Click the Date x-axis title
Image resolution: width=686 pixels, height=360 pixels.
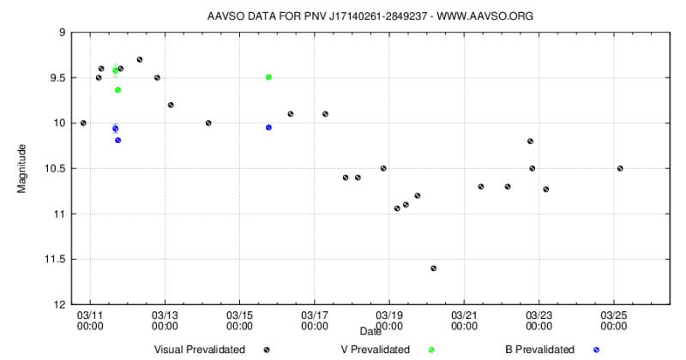(370, 331)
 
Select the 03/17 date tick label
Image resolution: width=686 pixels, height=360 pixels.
(314, 320)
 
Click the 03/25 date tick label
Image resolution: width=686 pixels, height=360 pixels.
(614, 320)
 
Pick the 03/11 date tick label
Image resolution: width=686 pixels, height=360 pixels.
(89, 320)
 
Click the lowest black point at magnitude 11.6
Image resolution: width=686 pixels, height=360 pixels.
(434, 268)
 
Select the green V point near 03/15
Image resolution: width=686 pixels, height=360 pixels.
(268, 77)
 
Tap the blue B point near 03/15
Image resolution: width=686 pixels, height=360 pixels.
(268, 127)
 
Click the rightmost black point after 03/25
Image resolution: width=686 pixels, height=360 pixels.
(620, 168)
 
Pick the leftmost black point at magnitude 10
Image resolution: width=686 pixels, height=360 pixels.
(83, 123)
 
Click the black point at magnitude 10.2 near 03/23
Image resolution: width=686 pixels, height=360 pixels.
(530, 141)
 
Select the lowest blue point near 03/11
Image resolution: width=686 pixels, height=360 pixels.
(117, 140)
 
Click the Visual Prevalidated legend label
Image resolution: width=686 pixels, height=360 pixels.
(199, 350)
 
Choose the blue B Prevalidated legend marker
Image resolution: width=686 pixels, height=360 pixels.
(596, 350)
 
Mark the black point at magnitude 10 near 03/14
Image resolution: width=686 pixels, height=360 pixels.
(208, 123)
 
